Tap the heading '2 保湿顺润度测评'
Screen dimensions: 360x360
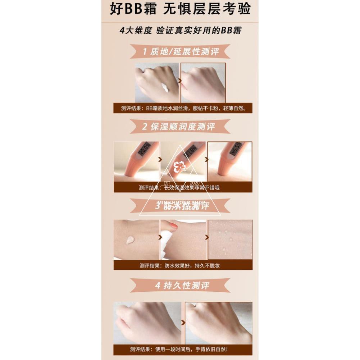(179, 127)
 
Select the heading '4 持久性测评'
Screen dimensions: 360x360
(182, 286)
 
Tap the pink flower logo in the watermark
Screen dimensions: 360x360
(179, 167)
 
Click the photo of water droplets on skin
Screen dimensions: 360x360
(230, 239)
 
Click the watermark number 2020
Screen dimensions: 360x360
(194, 183)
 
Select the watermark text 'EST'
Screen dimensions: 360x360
(167, 183)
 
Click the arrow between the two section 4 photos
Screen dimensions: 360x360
(183, 322)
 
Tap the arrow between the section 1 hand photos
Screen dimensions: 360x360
(180, 82)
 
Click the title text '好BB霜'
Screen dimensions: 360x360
(133, 9)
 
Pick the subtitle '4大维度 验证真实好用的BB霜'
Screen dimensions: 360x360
(180, 31)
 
